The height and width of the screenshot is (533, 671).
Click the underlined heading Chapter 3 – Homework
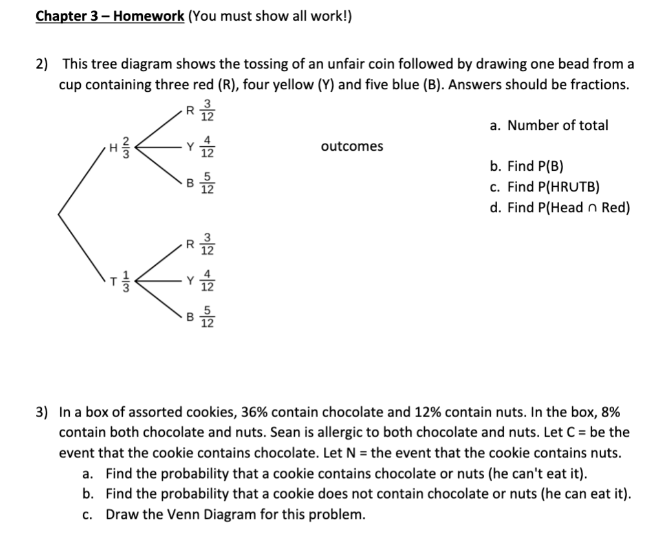click(x=109, y=16)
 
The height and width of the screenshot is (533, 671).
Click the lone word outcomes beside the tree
click(x=352, y=146)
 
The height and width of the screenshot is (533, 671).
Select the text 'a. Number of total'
click(x=549, y=125)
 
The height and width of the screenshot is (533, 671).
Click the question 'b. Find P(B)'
click(x=526, y=166)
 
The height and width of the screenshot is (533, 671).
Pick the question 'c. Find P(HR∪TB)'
click(x=544, y=187)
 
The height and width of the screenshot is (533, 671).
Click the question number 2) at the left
click(x=42, y=64)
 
